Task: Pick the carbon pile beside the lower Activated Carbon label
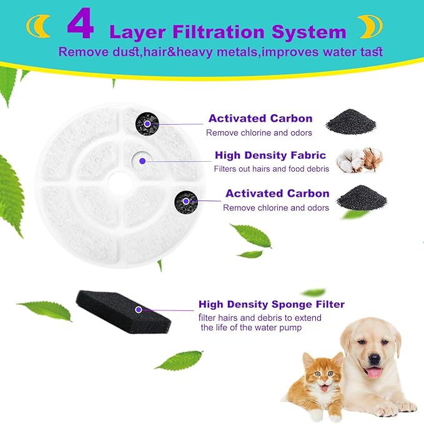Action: click(x=362, y=197)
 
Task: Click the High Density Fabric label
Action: click(x=270, y=155)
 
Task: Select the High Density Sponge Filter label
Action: click(x=272, y=305)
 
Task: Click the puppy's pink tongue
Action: click(x=375, y=373)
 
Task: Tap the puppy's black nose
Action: click(x=375, y=360)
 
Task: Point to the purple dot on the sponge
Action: click(x=138, y=308)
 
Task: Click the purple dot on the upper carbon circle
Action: click(x=147, y=124)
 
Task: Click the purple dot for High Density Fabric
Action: click(x=142, y=161)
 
